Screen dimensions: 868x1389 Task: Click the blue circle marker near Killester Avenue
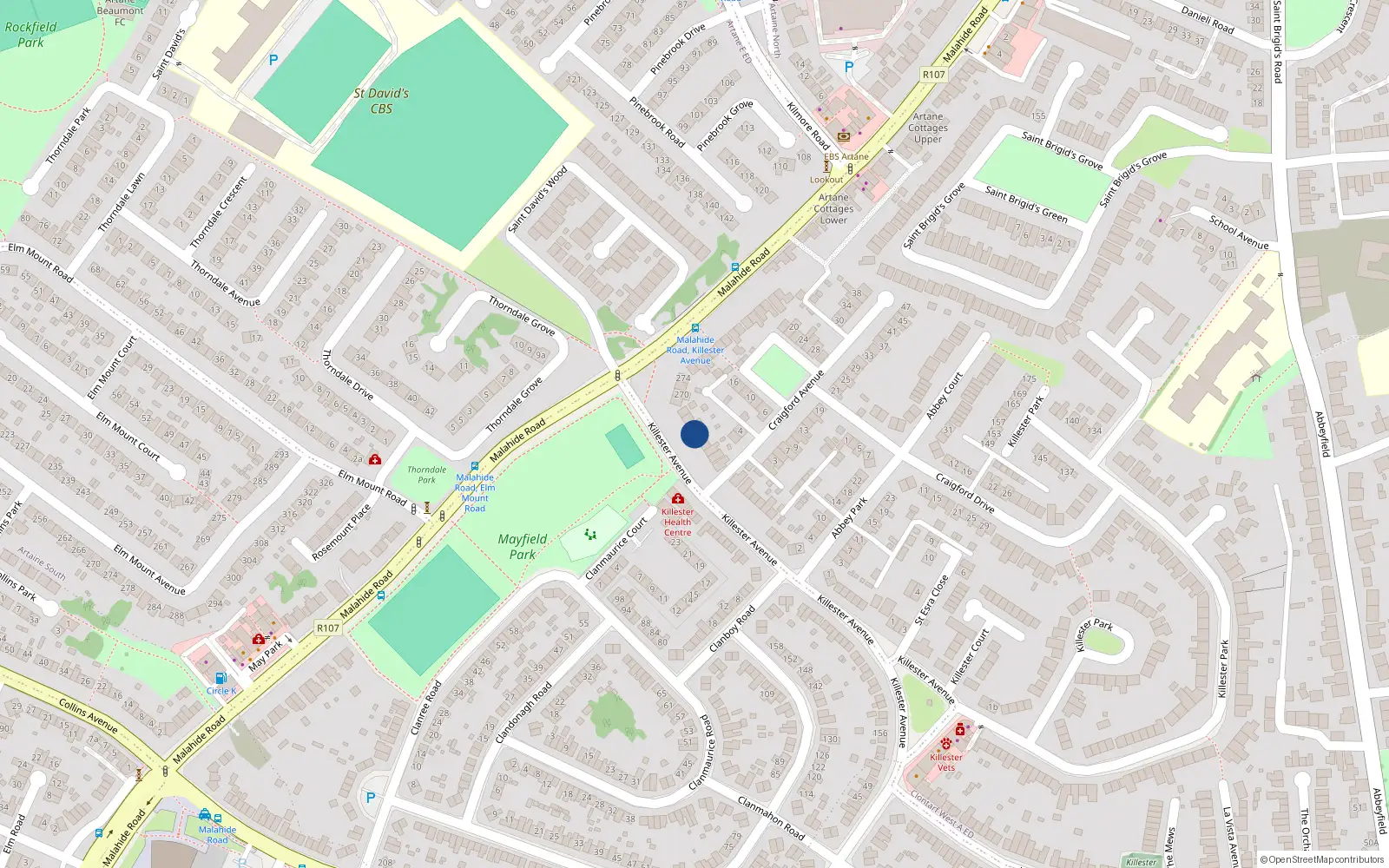694,434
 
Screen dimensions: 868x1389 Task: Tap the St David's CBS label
381,101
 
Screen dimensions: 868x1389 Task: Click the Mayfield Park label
522,546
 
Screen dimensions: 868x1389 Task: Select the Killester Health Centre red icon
677,498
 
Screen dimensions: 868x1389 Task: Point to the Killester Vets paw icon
945,744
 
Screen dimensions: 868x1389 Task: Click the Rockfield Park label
30,35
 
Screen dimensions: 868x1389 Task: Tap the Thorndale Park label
426,474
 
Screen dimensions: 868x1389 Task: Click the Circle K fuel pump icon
221,679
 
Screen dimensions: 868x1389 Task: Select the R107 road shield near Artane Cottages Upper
933,75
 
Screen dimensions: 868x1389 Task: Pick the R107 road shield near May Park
327,628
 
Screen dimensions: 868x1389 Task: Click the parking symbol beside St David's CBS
273,60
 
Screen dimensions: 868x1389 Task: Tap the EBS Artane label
846,157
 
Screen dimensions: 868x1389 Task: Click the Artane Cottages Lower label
833,208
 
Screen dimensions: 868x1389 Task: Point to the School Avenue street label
1239,232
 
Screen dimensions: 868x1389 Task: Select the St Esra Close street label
931,600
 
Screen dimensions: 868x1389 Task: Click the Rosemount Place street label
341,532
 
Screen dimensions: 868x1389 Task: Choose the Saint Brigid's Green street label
1026,203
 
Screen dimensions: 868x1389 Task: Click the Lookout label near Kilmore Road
826,180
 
